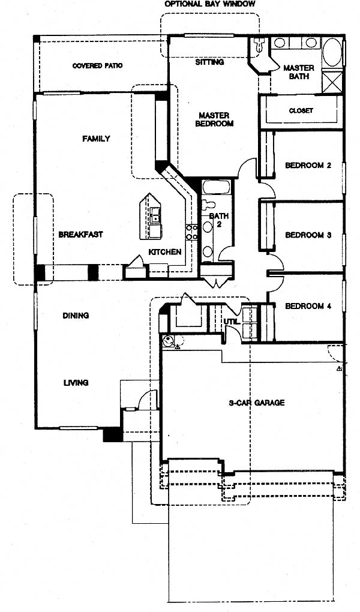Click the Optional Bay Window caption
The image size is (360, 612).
tap(209, 4)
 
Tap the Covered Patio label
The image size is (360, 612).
tap(97, 65)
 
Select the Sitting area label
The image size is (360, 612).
tap(209, 62)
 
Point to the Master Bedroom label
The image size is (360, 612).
tap(214, 119)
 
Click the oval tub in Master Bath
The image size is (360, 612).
tap(332, 52)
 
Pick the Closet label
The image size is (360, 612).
tap(301, 110)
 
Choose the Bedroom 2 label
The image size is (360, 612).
tap(308, 165)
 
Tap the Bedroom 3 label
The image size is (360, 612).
tap(308, 235)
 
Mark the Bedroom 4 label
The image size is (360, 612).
tap(308, 307)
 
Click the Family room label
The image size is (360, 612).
tap(96, 139)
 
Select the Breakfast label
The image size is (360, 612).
tap(80, 235)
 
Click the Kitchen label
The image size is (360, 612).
tap(165, 252)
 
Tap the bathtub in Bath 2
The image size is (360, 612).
tap(215, 187)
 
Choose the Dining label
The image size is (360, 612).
tap(76, 316)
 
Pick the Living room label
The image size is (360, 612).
tap(76, 383)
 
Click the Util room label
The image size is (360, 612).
tap(230, 321)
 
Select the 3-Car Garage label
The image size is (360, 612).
tap(257, 403)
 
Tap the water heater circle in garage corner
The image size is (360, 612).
tap(168, 341)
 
